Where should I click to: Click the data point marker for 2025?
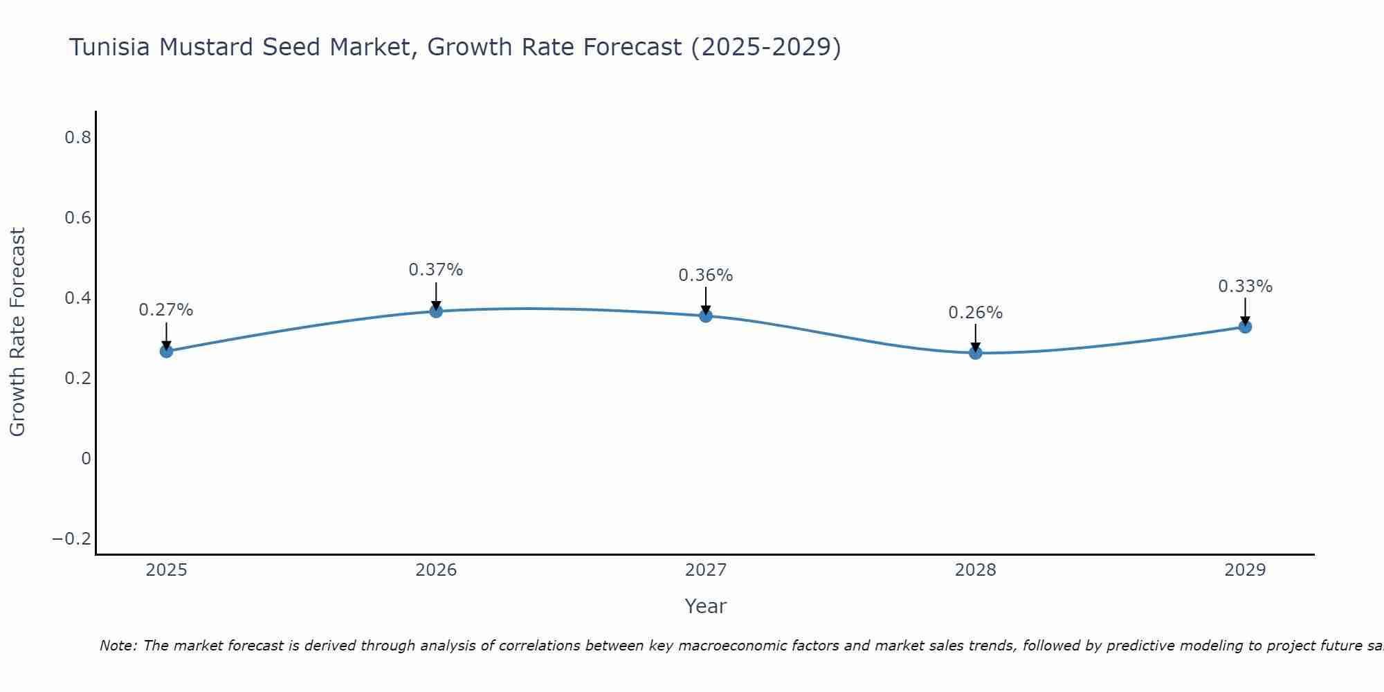coord(166,351)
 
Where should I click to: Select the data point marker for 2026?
coord(436,311)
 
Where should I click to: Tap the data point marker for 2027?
coord(706,316)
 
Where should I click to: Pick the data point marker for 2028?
coord(976,353)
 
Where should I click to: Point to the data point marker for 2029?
coord(1245,326)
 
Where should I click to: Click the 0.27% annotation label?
coord(166,310)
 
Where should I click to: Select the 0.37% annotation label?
coord(436,270)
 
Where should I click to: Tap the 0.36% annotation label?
coord(706,275)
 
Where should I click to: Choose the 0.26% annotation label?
coord(976,313)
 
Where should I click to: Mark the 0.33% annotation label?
coord(1245,286)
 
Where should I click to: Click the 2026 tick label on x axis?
coord(436,570)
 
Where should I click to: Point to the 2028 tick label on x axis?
coord(976,570)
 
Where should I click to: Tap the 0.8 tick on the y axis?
coord(78,138)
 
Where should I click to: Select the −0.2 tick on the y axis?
coord(72,539)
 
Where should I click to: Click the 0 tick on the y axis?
coord(86,459)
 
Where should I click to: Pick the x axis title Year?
coord(705,607)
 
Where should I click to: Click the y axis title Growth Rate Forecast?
coord(17,332)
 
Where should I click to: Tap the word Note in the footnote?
coord(118,646)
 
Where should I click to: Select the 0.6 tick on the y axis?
coord(78,218)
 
